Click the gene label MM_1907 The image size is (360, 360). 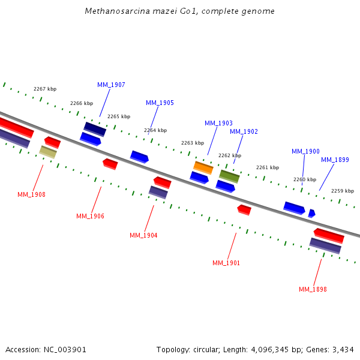111,85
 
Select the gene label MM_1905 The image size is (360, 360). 160,103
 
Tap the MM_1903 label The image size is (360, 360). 218,123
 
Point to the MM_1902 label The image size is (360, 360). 244,131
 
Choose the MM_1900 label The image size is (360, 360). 305,152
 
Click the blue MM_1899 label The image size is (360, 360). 335,160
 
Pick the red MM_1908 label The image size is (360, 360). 31,194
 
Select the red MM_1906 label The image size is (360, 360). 90,216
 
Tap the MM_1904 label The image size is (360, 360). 143,235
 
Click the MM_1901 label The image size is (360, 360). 226,263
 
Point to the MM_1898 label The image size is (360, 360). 313,289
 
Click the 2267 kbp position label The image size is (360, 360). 45,89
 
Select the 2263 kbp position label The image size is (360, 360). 193,143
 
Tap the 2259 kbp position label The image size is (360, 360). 343,191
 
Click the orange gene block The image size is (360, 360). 203,167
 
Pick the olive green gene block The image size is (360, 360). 229,176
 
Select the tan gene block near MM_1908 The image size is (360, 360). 48,152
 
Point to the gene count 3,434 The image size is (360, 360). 342,349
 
